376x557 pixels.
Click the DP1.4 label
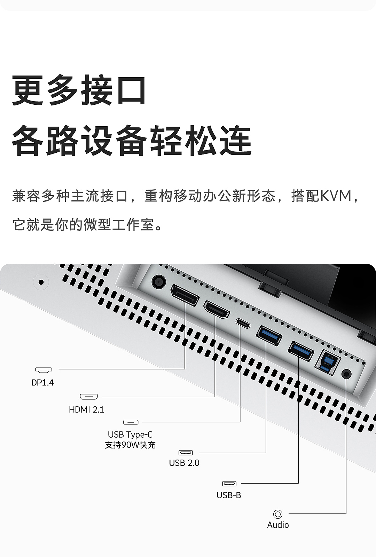[42, 383]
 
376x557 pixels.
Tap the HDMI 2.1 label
[86, 409]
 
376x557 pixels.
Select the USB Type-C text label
[130, 435]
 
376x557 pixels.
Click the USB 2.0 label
[184, 463]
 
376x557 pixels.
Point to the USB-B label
[229, 495]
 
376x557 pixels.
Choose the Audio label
[278, 525]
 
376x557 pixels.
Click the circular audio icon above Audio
[278, 514]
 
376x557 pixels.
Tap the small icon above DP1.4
[44, 369]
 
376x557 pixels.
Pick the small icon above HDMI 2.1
[89, 397]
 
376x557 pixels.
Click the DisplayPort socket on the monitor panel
[185, 295]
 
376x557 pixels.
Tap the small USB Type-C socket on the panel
[243, 323]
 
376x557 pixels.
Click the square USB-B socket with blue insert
[327, 363]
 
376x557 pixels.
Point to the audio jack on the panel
[346, 374]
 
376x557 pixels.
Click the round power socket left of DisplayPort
[159, 281]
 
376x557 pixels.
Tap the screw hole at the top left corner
[41, 282]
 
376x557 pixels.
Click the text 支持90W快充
[130, 445]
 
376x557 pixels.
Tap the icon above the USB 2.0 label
[186, 453]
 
